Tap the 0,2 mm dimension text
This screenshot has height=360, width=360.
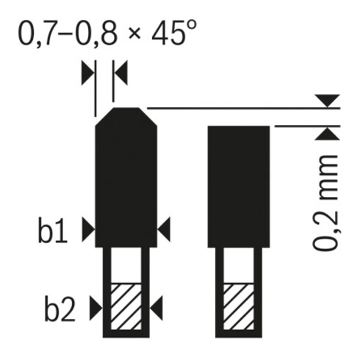pyautogui.click(x=327, y=204)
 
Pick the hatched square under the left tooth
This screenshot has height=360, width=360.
pyautogui.click(x=126, y=305)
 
